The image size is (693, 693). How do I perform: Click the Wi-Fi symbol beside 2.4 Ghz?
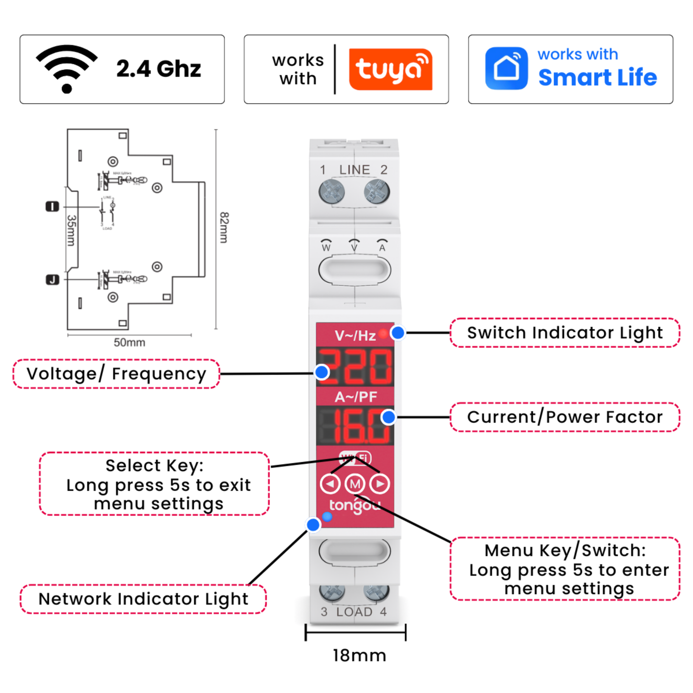[67, 69]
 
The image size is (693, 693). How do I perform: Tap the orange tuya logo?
[390, 69]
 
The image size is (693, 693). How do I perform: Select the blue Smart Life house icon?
[506, 69]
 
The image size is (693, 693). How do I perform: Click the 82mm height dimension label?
[224, 228]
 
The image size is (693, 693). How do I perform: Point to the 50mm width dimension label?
[129, 342]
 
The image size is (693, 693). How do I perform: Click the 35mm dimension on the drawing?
[71, 231]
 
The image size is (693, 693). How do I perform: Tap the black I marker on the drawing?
[52, 207]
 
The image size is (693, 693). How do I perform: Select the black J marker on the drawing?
[52, 280]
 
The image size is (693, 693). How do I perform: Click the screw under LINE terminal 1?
[331, 192]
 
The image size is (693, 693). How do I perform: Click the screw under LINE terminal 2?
[376, 192]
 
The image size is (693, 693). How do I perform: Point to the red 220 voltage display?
[355, 367]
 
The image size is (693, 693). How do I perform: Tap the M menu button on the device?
[355, 484]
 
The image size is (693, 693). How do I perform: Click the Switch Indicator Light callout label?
[565, 333]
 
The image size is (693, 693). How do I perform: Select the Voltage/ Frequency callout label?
[117, 374]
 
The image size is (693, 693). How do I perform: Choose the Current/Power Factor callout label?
[565, 417]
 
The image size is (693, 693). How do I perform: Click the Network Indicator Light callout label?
[143, 599]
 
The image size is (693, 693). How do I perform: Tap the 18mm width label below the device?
[359, 656]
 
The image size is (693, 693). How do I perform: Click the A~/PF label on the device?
[355, 397]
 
